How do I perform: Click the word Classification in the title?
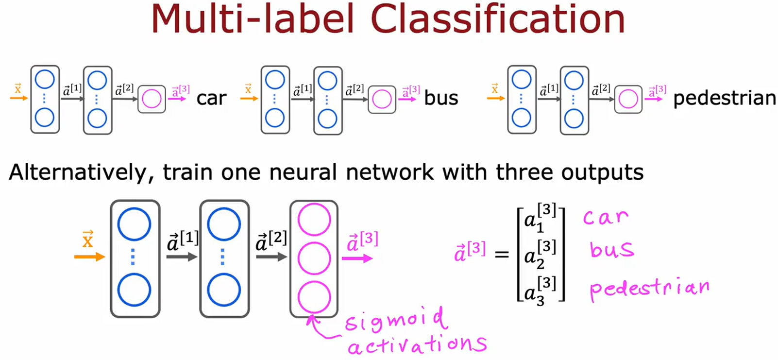497,19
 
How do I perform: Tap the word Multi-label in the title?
253,19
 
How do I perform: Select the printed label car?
211,99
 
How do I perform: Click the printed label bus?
441,98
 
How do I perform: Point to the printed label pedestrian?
724,99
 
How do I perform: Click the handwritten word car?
606,217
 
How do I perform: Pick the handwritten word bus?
611,250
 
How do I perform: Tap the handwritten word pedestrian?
649,289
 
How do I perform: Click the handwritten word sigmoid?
394,320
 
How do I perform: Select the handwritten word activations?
417,344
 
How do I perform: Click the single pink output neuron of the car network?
152,99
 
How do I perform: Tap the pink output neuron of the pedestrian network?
628,99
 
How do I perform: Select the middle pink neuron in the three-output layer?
314,258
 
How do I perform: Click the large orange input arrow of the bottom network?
89,257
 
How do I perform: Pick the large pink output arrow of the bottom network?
357,258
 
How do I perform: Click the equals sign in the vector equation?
502,254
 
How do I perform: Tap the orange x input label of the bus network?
248,89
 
